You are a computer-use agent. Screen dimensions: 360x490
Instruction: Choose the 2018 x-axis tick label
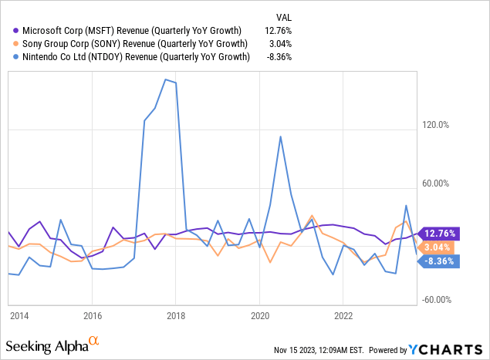click(175, 315)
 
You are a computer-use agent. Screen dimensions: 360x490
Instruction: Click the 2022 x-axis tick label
click(343, 315)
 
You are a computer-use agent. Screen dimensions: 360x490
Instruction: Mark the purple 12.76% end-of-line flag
click(440, 233)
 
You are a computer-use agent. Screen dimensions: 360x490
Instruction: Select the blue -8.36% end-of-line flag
click(440, 261)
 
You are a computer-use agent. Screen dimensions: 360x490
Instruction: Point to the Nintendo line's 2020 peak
click(280, 136)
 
